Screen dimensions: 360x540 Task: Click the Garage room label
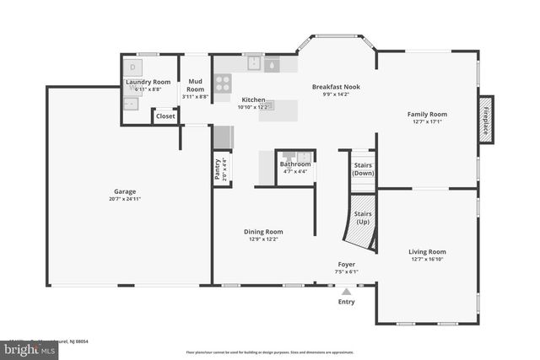(x=125, y=191)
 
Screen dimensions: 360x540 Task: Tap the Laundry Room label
(x=148, y=82)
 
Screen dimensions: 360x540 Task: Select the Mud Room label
(x=195, y=85)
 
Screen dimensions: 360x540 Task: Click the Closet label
(x=165, y=116)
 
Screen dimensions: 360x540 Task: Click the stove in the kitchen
(x=223, y=83)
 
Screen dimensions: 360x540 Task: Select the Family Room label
(x=427, y=114)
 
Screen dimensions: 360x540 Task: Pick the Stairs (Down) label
(x=362, y=169)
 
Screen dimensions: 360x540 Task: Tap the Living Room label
(x=427, y=251)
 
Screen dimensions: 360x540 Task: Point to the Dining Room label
(x=263, y=232)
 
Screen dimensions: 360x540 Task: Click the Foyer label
(x=347, y=264)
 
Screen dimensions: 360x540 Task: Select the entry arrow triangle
(x=347, y=291)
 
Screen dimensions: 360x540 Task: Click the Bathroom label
(x=295, y=164)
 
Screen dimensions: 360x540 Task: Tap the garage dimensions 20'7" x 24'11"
(x=125, y=200)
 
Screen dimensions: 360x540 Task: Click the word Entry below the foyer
(x=347, y=302)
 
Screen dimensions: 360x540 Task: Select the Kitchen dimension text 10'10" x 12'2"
(x=254, y=107)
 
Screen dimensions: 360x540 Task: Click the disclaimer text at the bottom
(x=270, y=352)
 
